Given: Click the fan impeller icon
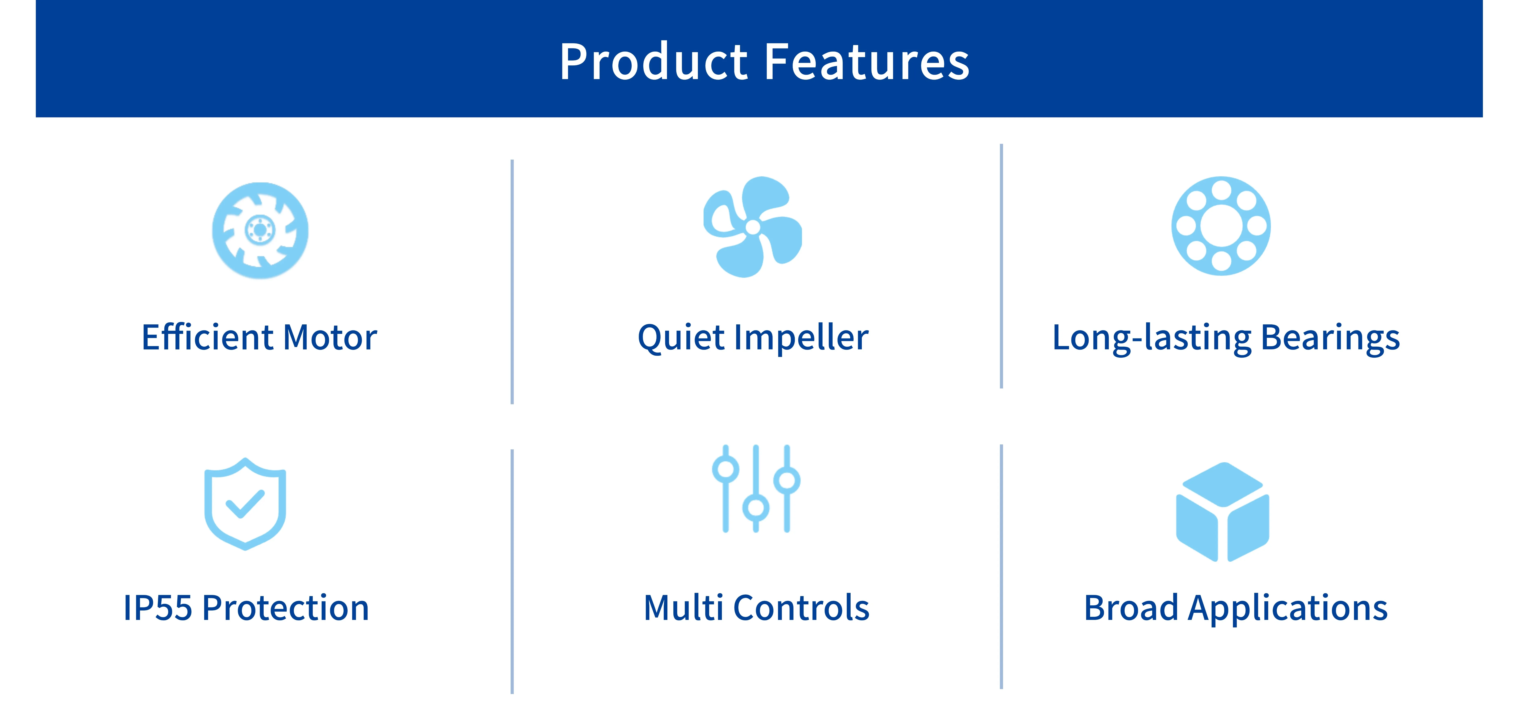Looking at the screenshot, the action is [x=753, y=227].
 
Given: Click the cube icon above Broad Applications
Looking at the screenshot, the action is [x=1223, y=511].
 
